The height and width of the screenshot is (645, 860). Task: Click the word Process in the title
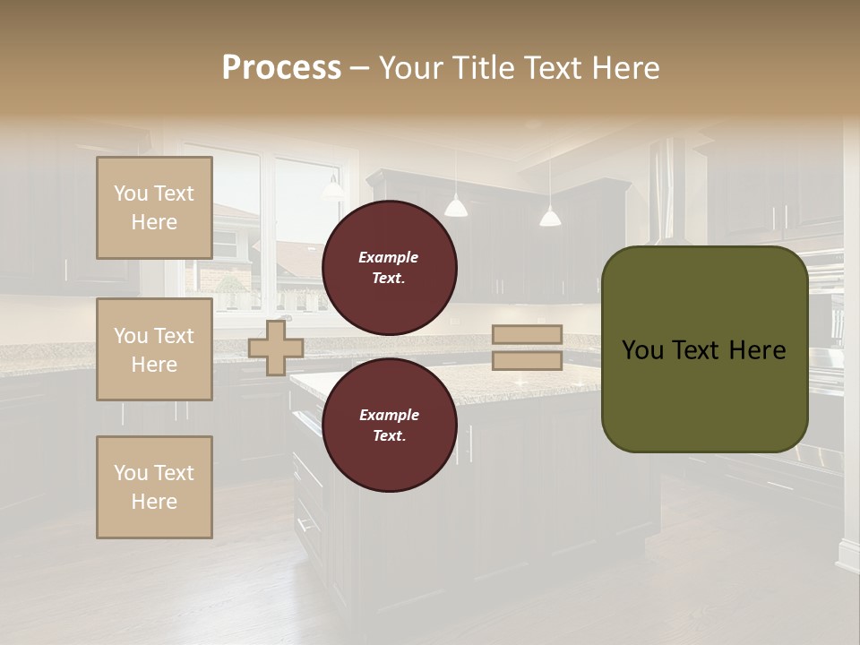281,68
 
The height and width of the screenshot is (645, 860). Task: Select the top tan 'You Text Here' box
154,208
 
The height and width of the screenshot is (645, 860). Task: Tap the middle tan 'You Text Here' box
154,349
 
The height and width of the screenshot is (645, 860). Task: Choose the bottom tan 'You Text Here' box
154,487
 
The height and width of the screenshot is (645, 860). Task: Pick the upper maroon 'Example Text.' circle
390,268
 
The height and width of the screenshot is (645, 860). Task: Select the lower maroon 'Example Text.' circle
390,426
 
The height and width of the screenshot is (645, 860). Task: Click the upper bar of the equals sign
527,335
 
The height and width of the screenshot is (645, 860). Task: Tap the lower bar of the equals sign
527,361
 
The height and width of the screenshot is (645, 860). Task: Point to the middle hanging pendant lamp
456,208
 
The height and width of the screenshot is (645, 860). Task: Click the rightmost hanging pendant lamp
550,217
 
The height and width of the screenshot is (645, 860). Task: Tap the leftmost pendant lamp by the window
333,189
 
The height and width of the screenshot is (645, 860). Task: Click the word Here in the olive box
757,350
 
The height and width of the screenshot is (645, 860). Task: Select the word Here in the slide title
623,68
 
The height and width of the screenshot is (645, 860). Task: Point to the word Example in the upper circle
389,258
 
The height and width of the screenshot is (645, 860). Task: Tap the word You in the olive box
641,350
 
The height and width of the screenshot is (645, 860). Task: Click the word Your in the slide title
411,68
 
